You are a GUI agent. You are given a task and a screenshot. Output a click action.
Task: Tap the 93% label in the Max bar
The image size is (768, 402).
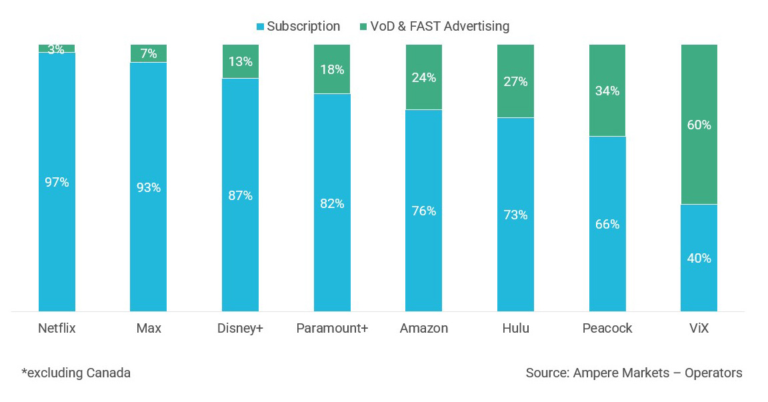click(148, 188)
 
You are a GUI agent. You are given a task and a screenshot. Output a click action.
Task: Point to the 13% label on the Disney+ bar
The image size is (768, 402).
click(240, 62)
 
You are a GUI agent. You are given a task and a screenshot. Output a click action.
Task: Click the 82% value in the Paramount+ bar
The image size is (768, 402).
click(332, 203)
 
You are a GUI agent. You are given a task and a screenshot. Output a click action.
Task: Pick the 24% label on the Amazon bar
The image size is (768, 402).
click(423, 77)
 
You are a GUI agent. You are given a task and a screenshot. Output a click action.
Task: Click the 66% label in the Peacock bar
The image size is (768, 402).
click(607, 224)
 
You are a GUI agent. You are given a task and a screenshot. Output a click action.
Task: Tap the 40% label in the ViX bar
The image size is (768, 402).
click(699, 258)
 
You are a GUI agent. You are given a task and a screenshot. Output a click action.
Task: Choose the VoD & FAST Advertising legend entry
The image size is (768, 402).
click(433, 27)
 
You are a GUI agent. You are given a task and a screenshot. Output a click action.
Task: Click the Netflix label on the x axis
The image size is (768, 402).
click(57, 329)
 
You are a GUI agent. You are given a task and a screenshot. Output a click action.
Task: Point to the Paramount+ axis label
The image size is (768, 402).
click(332, 329)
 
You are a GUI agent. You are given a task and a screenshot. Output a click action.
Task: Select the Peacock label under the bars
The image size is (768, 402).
click(607, 329)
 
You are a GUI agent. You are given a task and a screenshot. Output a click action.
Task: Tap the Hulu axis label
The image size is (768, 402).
click(515, 329)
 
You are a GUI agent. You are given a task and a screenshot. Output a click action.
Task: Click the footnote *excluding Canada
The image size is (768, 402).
click(76, 373)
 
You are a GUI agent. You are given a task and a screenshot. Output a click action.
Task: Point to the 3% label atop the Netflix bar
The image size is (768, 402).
click(56, 49)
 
